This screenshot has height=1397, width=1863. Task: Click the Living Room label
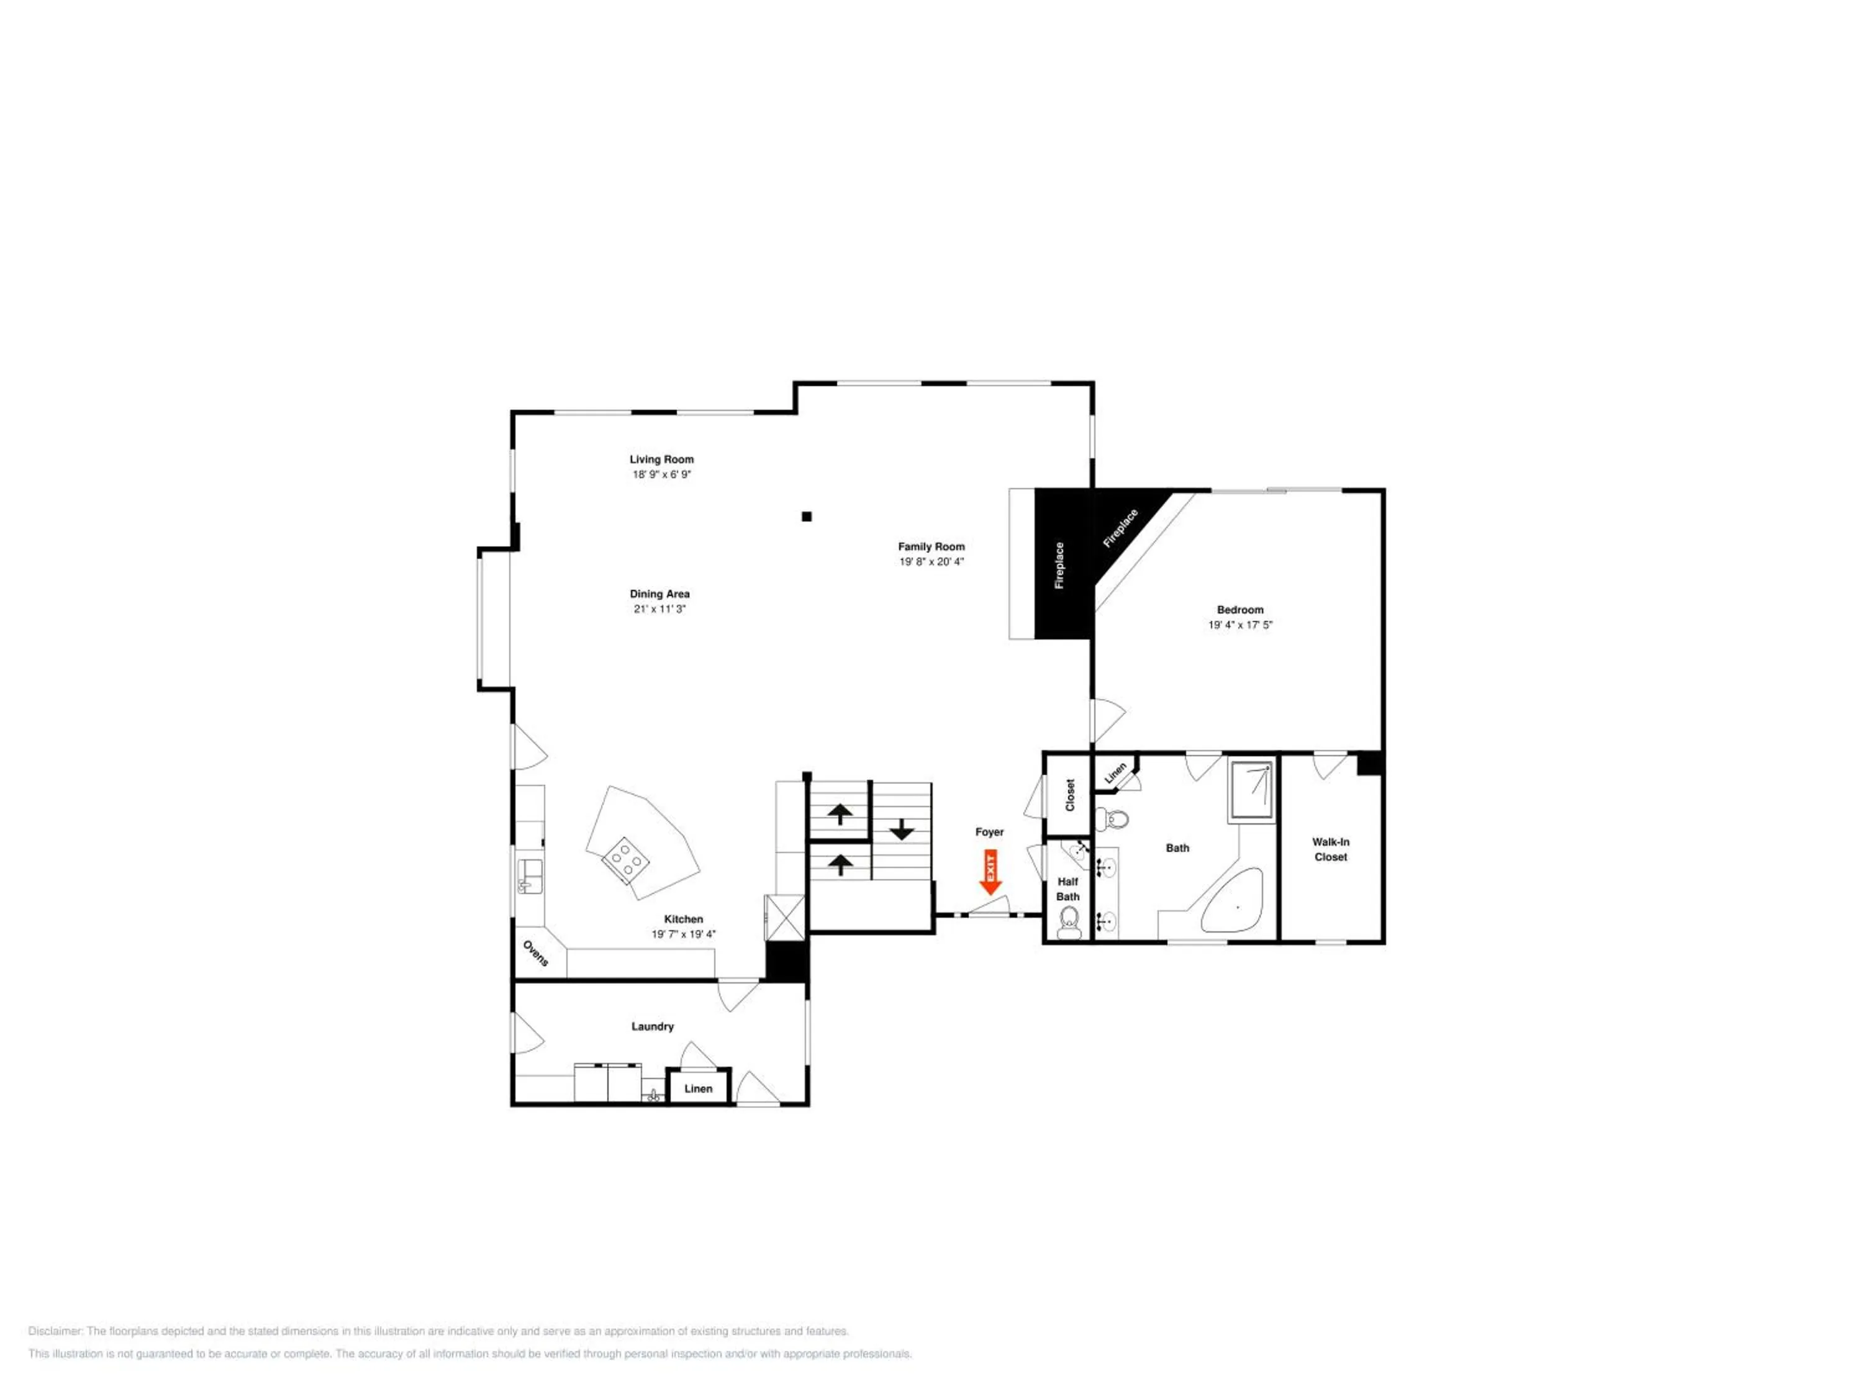point(662,459)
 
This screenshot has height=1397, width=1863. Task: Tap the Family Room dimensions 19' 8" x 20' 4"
point(931,562)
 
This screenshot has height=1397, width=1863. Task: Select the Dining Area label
point(660,594)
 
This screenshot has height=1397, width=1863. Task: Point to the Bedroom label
point(1240,610)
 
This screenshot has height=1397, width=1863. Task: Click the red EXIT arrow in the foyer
point(990,872)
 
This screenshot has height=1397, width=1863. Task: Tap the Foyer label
point(990,832)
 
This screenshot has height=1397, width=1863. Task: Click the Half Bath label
point(1068,889)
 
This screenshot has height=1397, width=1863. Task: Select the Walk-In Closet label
point(1331,849)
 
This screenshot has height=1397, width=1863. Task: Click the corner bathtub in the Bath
point(1232,900)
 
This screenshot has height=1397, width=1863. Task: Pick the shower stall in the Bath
point(1251,790)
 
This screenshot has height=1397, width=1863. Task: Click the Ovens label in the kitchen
point(536,953)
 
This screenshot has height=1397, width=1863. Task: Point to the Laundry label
point(653,1026)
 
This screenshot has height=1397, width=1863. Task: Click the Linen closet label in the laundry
point(698,1089)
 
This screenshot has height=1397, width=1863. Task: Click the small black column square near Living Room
point(807,516)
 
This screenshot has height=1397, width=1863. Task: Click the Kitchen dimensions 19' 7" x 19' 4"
point(683,934)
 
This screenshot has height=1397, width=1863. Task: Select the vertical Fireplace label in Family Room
point(1059,565)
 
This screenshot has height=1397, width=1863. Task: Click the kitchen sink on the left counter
point(530,875)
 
